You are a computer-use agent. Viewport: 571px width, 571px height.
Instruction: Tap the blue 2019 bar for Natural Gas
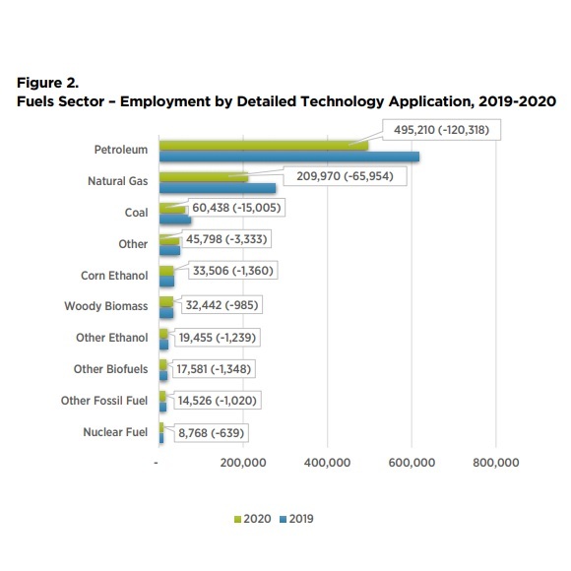coord(217,187)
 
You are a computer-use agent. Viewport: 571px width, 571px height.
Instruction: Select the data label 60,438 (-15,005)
coord(243,210)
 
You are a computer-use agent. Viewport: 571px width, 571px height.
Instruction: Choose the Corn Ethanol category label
coord(114,276)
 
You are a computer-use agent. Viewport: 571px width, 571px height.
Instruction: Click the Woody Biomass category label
coord(106,307)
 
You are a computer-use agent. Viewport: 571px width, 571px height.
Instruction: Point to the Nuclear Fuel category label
coord(115,432)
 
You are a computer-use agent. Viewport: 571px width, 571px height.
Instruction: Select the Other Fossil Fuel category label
coord(103,401)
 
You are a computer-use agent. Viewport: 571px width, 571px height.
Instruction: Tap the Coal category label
coord(136,213)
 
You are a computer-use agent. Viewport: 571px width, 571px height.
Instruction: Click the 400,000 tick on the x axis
coord(327,464)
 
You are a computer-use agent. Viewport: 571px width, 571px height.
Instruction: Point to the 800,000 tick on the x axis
coord(495,464)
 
